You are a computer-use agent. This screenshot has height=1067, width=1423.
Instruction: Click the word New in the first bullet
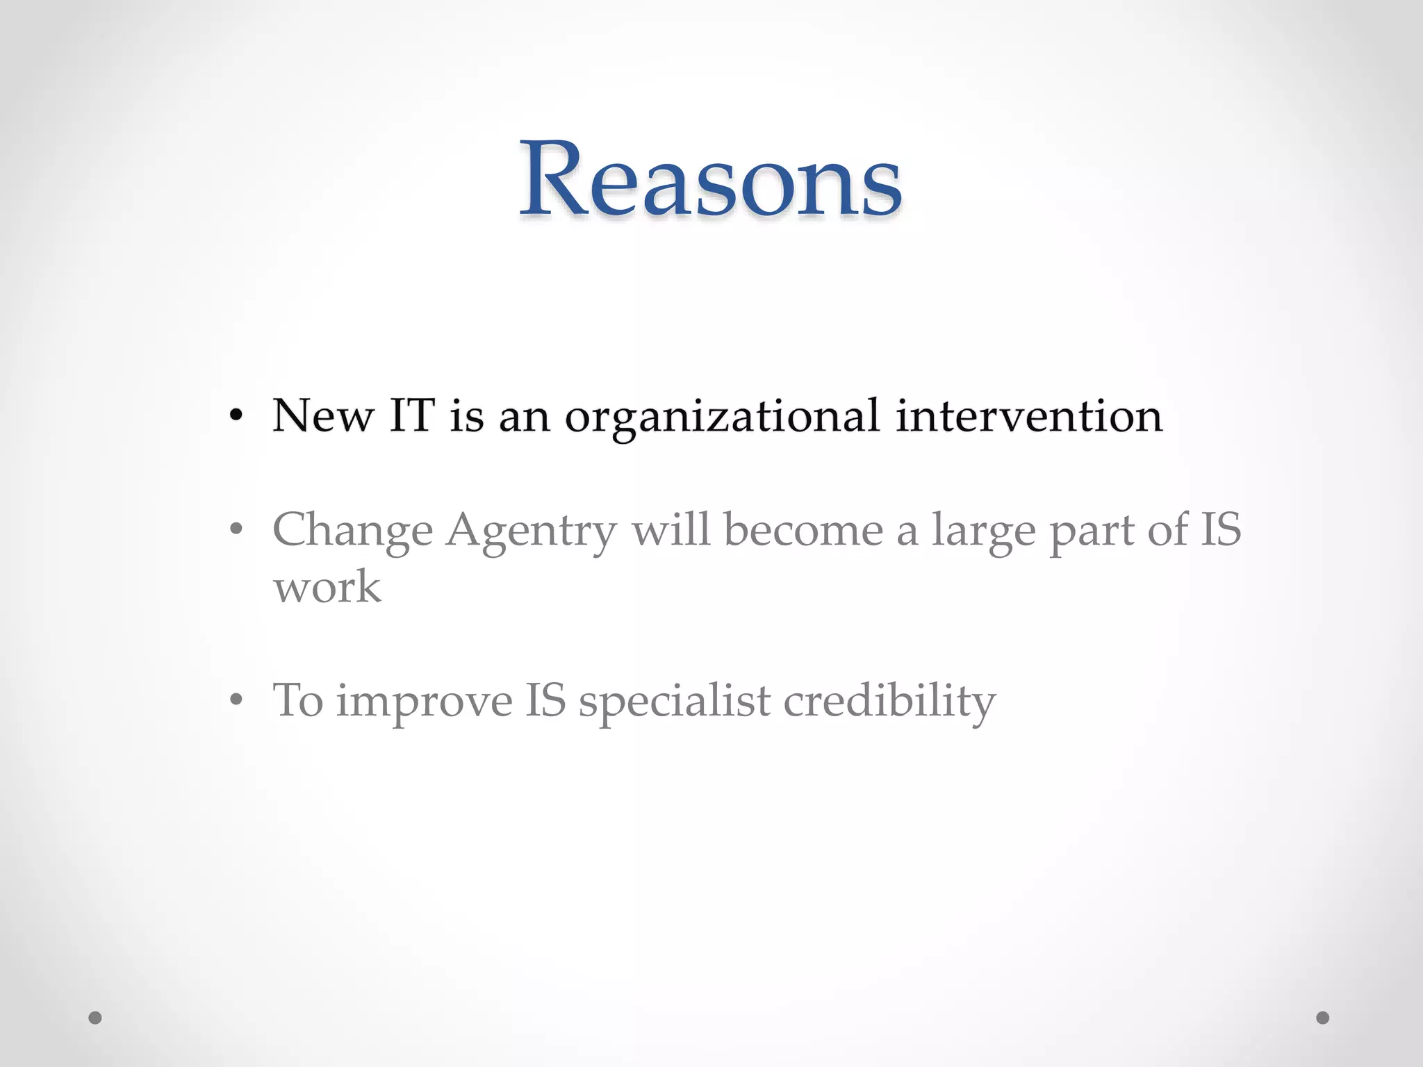pos(322,416)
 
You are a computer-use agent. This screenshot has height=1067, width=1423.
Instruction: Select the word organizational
pos(722,417)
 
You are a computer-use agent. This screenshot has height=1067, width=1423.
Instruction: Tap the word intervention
pos(1028,416)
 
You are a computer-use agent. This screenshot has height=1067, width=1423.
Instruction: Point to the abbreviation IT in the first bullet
pos(411,416)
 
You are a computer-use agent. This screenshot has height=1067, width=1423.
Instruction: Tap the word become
pos(803,530)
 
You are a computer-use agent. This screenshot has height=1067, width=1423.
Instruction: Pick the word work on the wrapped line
pos(327,587)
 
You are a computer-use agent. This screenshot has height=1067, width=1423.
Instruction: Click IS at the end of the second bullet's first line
pos(1220,529)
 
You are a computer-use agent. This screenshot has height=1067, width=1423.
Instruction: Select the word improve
pos(424,702)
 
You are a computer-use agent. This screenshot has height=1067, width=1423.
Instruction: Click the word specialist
pos(675,702)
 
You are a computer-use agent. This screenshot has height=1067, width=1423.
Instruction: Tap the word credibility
pos(889,702)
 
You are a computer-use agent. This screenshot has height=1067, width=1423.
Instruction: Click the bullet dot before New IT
pos(236,416)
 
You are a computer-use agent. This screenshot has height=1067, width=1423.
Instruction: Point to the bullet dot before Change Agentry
pos(236,530)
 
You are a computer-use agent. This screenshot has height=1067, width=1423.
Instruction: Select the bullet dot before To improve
pos(236,700)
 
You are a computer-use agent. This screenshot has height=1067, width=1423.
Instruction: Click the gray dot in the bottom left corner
pos(95,1018)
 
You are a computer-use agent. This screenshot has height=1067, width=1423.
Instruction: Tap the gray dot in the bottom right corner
pos(1323,1018)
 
